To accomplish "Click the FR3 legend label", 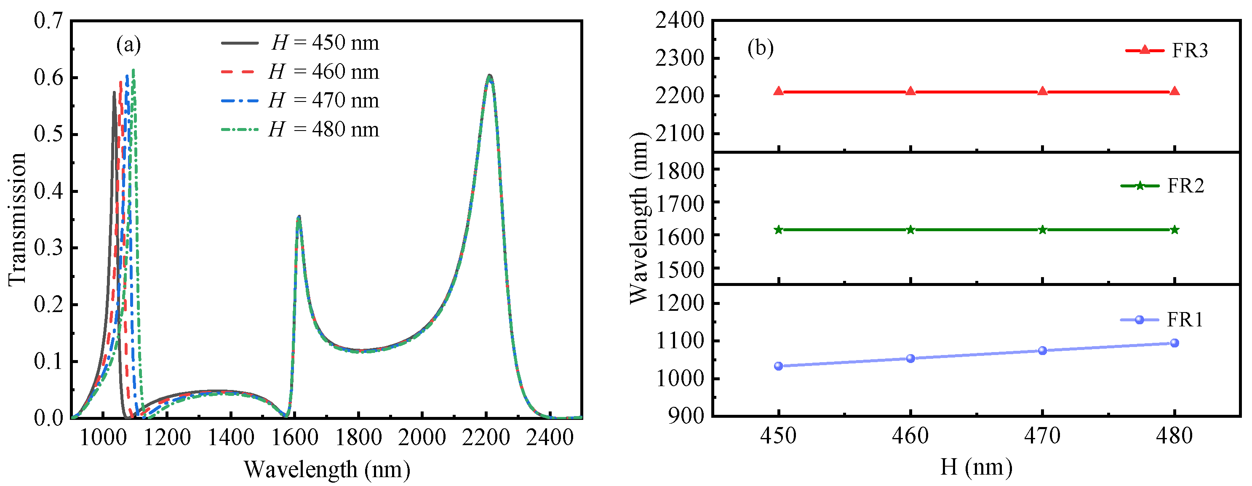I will [x=1190, y=51].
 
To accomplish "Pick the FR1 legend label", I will [x=1185, y=320].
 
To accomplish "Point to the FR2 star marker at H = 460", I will [x=910, y=230].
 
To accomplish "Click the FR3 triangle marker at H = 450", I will [x=779, y=91].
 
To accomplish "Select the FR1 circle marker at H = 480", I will [x=1174, y=343].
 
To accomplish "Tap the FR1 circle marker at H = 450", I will [x=779, y=366].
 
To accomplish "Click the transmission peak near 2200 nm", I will [x=489, y=75].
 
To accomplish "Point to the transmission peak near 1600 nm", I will [x=299, y=217].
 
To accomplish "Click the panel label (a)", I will [x=128, y=45].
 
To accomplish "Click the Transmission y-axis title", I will [x=17, y=219].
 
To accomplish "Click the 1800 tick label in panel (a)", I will [x=359, y=438].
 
